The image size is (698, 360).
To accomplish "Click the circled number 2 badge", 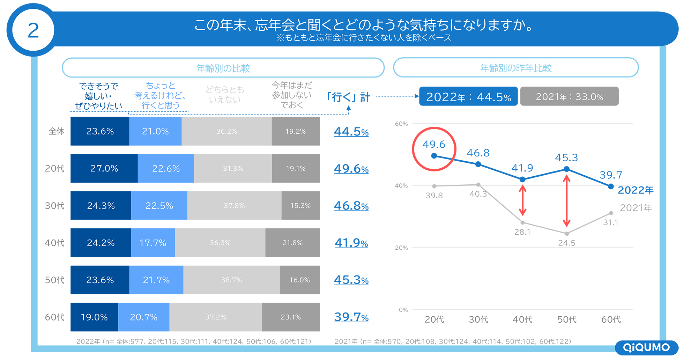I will (x=33, y=30).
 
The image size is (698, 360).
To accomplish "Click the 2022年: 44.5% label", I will (x=468, y=97).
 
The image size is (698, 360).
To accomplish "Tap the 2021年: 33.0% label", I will (x=569, y=97).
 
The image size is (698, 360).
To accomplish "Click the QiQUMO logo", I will (x=646, y=347).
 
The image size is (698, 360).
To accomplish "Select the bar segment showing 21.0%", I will (x=155, y=132).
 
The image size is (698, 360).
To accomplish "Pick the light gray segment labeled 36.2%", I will (x=227, y=132).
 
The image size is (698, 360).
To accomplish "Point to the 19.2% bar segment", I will (x=296, y=132).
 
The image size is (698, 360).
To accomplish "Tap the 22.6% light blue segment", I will (x=166, y=169).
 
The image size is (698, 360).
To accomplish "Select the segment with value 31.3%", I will (x=233, y=169).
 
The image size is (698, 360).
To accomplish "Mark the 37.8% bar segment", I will (x=234, y=206).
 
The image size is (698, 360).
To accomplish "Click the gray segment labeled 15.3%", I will (x=300, y=206).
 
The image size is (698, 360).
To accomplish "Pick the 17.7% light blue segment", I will (x=153, y=243).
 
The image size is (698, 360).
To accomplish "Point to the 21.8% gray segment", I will (x=292, y=243).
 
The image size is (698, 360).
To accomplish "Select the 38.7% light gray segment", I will (x=231, y=280).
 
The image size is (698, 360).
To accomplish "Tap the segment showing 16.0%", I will (x=299, y=280).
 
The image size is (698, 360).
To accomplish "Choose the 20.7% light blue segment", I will (x=144, y=317).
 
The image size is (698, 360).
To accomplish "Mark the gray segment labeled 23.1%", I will (x=291, y=317).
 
